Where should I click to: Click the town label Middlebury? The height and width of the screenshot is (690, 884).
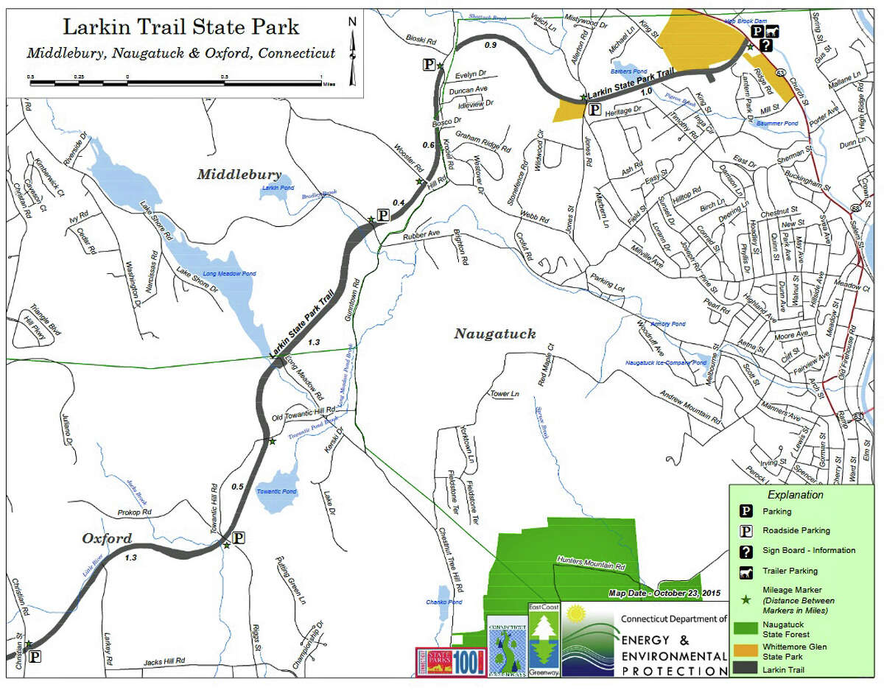(239, 175)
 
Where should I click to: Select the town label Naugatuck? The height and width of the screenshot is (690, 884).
(494, 334)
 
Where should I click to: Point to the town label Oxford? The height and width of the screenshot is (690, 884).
(107, 538)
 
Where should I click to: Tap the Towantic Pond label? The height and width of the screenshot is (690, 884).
(276, 491)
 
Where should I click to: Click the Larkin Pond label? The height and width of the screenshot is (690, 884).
(278, 188)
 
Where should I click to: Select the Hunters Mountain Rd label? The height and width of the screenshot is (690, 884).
(591, 566)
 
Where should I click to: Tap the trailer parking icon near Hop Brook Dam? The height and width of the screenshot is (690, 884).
(772, 32)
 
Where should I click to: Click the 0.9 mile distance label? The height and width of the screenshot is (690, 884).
(491, 46)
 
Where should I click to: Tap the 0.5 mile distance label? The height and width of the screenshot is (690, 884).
(237, 487)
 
